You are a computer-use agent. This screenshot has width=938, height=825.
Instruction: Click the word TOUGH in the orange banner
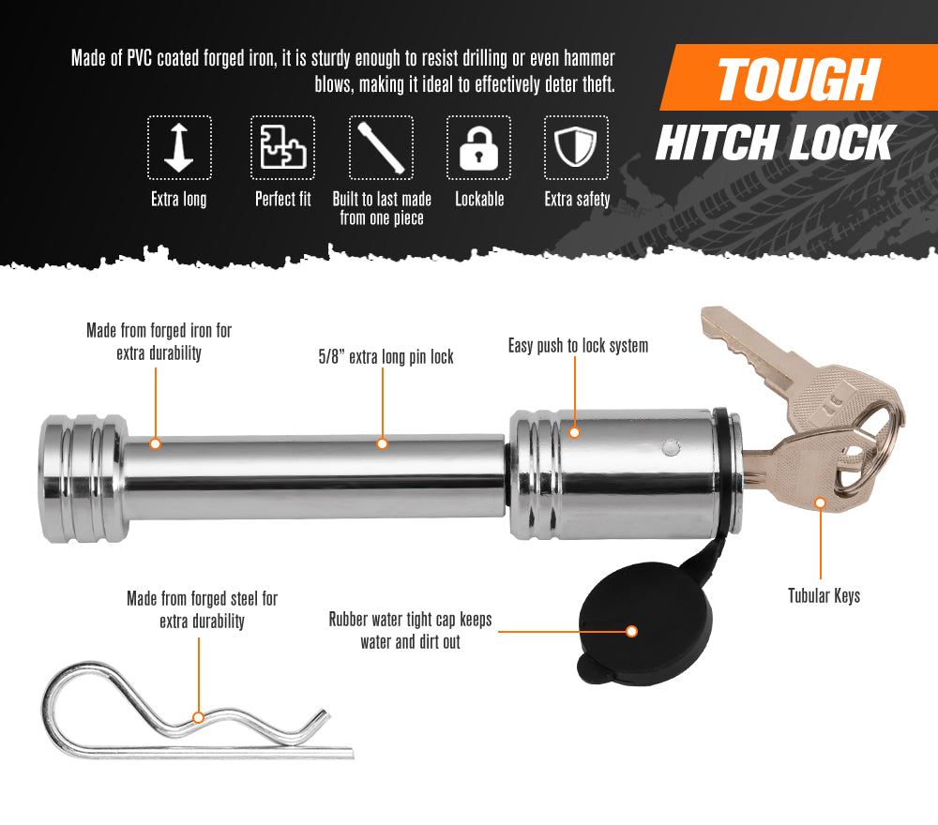coord(798,80)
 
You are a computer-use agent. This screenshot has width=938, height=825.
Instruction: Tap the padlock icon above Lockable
coord(478,148)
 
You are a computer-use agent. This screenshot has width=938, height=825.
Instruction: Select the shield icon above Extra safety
coord(576,148)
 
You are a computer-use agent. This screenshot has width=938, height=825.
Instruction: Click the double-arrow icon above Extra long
coord(179,148)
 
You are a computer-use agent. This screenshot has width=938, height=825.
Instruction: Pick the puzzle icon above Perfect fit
coord(282,148)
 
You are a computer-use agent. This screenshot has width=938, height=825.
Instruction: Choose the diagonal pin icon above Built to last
coord(381,148)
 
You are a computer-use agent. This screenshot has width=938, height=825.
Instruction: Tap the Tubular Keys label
coord(824,595)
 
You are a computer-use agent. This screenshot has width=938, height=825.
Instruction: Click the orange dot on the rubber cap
coord(632,632)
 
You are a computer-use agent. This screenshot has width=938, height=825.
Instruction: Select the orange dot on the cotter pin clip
coord(198,717)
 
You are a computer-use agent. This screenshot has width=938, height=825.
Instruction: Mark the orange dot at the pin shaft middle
coord(382,443)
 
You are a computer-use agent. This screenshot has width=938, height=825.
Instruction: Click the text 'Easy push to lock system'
coord(578,346)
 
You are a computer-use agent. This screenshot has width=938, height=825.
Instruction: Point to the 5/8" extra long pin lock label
coord(386,357)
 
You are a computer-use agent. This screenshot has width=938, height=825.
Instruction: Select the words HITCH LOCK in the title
coord(775,143)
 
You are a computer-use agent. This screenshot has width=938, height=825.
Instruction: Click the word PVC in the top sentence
coord(139,59)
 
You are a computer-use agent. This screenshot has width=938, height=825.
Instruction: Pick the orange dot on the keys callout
coord(821,503)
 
